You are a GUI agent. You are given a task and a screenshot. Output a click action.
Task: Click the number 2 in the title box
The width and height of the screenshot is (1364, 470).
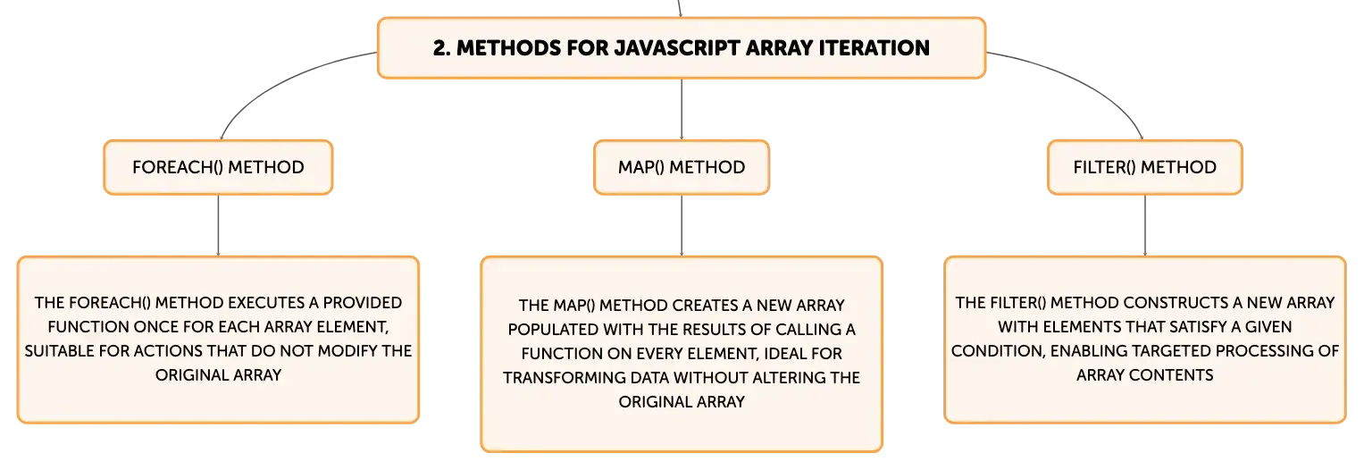click(440, 48)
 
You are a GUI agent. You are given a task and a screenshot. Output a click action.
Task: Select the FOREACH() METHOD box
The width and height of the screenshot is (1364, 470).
click(218, 167)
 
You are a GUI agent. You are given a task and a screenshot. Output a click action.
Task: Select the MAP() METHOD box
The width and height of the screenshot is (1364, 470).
click(682, 167)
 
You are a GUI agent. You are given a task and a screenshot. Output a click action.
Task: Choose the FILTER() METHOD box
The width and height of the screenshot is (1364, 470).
click(1145, 167)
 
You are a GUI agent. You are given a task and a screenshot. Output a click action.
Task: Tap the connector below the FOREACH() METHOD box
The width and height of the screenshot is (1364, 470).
click(218, 225)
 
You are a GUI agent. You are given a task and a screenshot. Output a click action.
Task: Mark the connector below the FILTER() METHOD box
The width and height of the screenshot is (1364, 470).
click(1145, 225)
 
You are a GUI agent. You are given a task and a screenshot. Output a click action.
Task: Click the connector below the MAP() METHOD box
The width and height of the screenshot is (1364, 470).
click(682, 225)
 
